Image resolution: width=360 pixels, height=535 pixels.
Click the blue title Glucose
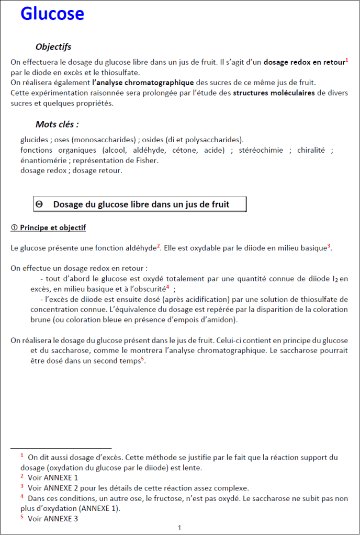point(52,14)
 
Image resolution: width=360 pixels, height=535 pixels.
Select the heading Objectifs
point(53,47)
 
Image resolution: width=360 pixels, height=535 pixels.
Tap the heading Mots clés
point(57,124)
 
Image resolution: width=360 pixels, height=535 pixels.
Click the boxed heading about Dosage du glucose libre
point(141,204)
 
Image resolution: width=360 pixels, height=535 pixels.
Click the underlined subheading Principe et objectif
point(48,228)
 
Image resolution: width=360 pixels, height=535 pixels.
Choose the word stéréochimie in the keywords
point(261,150)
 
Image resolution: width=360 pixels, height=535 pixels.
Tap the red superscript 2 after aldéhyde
point(159,246)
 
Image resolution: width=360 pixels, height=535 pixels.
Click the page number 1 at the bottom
point(179,527)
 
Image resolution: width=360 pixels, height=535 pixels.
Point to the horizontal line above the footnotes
point(61,448)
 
